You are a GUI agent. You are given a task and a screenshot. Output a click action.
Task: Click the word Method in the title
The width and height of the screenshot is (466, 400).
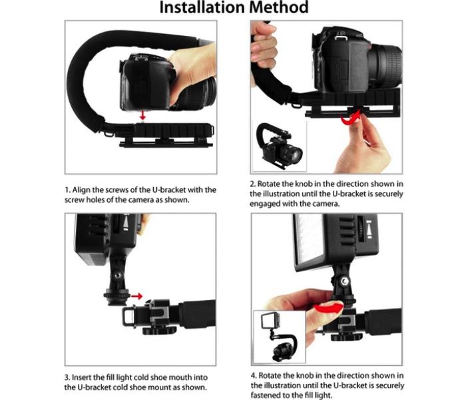pyautogui.click(x=279, y=7)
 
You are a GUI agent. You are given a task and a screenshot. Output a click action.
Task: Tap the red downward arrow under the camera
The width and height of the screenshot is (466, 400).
pyautogui.click(x=143, y=115)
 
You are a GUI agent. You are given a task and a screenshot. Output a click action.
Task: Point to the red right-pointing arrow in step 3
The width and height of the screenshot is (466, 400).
pyautogui.click(x=136, y=296)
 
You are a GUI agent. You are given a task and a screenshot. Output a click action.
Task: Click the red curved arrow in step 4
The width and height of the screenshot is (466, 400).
pyautogui.click(x=328, y=307)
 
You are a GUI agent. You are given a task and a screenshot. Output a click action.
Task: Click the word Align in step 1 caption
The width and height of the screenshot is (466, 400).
pyautogui.click(x=82, y=190)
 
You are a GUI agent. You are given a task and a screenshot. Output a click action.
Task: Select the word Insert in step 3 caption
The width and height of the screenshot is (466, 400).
pyautogui.click(x=81, y=377)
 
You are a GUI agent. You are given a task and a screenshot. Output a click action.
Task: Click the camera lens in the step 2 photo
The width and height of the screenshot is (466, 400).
pyautogui.click(x=385, y=66)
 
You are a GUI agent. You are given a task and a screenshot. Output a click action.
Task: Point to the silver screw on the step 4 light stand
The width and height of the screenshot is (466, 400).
pyautogui.click(x=344, y=281)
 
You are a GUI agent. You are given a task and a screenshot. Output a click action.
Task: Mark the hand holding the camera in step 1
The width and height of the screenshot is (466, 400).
pyautogui.click(x=192, y=71)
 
